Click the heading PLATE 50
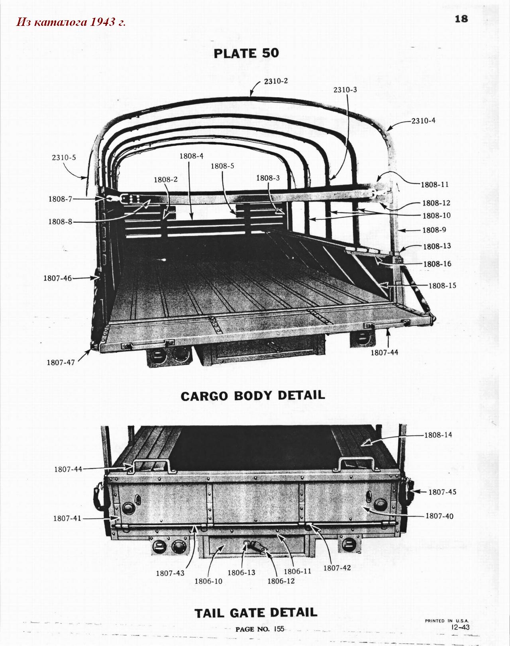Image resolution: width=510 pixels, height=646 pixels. [246, 54]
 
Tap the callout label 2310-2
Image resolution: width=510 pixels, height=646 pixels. [276, 81]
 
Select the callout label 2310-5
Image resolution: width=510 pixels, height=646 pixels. [64, 157]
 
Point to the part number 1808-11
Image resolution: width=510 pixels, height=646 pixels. [435, 185]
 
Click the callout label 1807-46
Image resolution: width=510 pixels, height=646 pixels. [58, 278]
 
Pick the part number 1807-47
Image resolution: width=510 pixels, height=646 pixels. [61, 362]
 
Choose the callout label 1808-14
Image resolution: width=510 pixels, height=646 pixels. [438, 435]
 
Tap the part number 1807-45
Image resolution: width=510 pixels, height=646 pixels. [442, 492]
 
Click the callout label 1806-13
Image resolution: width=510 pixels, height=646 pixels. [241, 572]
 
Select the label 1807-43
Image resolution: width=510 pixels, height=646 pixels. [170, 573]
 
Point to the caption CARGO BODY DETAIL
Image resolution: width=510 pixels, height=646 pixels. [253, 395]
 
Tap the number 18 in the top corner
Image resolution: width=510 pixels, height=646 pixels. [461, 19]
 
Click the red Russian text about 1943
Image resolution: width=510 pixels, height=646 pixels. [71, 22]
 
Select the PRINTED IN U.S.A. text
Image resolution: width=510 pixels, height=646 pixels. [447, 621]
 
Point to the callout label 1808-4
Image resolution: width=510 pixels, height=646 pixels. [192, 156]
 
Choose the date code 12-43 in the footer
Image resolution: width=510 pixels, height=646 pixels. [460, 627]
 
